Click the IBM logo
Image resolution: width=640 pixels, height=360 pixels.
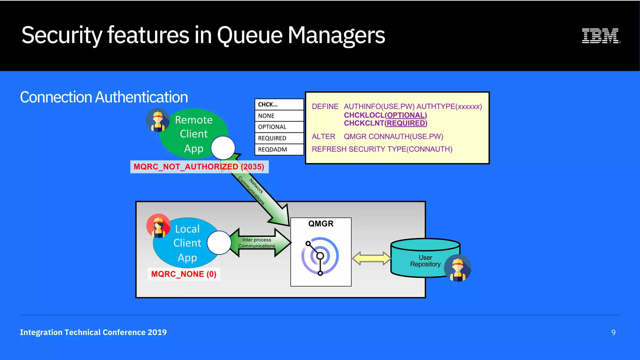click(601, 36)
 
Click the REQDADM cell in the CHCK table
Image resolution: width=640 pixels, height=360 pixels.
click(279, 149)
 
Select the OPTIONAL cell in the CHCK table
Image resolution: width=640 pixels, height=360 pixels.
click(279, 127)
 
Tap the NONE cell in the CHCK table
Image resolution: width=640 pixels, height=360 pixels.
click(279, 116)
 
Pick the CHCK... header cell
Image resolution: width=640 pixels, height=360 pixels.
click(279, 104)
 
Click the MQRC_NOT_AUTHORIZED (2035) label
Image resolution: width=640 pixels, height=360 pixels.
click(199, 167)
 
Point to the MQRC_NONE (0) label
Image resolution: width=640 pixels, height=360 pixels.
click(184, 274)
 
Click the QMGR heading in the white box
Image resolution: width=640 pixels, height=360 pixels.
click(321, 224)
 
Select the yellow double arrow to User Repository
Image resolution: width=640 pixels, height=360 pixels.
click(371, 258)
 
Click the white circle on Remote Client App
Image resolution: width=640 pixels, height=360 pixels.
click(223, 148)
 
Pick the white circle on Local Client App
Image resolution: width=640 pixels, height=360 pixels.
click(219, 243)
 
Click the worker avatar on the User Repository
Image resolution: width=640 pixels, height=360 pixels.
click(458, 268)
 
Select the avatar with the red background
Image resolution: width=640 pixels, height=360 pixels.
click(158, 226)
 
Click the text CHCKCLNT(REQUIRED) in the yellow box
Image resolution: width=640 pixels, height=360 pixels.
click(385, 123)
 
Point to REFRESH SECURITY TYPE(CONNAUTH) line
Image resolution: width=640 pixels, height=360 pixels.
click(382, 149)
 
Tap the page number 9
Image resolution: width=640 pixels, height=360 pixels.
click(613, 332)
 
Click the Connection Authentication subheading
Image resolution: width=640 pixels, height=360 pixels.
click(104, 97)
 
